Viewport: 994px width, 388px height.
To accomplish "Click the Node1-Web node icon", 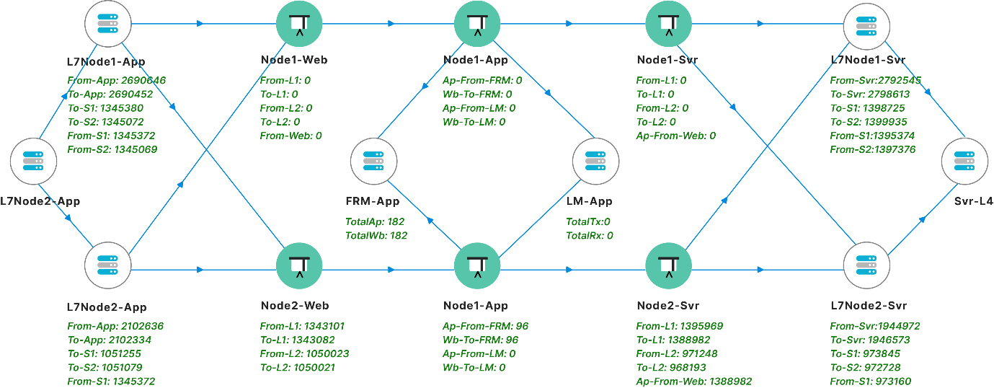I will point(298,24).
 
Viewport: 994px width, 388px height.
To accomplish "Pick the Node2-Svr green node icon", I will point(668,269).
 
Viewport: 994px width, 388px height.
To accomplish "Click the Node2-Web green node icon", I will point(298,269).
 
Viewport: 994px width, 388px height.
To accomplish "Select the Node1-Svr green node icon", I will point(668,24).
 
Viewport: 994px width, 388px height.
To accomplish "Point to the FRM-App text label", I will point(373,202).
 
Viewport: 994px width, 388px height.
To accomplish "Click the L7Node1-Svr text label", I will point(868,60).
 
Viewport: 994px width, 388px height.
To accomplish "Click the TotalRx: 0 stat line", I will point(589,235).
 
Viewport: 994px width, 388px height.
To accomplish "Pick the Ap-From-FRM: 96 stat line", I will point(485,326).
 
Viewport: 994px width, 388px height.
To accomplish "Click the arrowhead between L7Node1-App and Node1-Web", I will point(200,24).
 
